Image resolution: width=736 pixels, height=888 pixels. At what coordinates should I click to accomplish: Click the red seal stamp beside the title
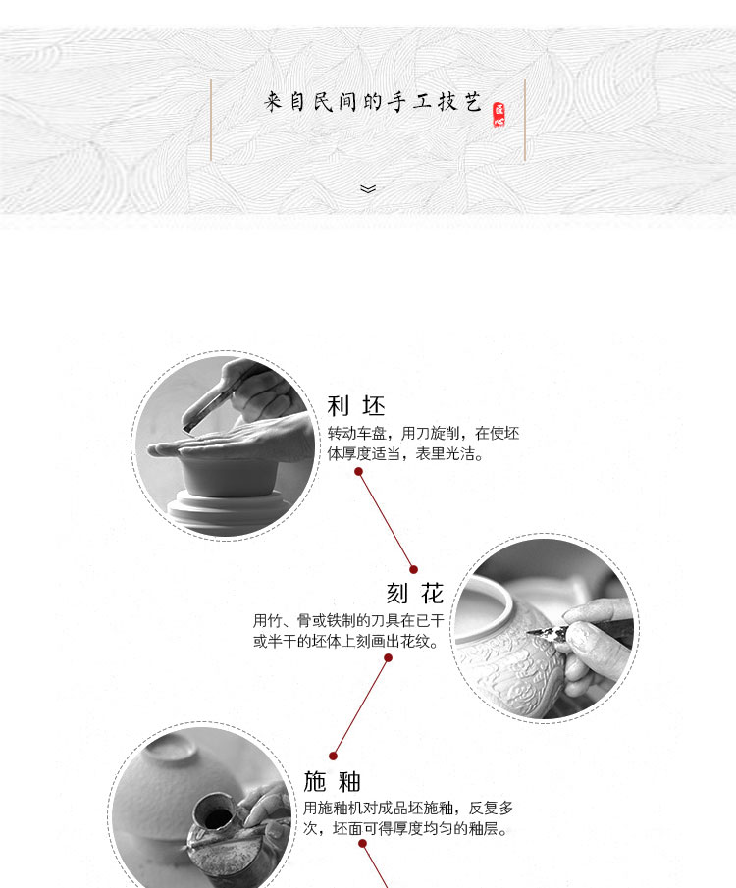[499, 115]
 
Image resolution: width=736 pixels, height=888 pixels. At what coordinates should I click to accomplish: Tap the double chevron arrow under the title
[368, 189]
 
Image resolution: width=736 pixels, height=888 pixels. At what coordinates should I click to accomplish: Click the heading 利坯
[356, 406]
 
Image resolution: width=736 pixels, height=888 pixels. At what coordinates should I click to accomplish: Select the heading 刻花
[415, 594]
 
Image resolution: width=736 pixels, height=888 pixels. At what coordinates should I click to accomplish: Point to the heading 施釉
[332, 781]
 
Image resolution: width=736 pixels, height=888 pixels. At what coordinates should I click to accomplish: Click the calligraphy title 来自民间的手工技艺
[373, 102]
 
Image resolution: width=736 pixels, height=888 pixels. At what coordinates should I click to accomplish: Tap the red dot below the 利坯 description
[358, 472]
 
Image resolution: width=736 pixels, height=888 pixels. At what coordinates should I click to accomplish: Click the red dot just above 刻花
[413, 570]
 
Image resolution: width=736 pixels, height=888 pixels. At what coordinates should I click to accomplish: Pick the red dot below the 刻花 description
[388, 658]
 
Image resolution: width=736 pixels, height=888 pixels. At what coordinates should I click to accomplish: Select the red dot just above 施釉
[333, 757]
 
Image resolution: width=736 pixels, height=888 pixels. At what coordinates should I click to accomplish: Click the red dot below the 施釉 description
[363, 844]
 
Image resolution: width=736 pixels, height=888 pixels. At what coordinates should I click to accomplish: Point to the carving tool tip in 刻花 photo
[529, 632]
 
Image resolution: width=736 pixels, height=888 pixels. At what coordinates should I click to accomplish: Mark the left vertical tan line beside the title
[211, 120]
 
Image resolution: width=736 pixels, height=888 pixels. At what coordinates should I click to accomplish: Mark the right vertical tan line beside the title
[525, 120]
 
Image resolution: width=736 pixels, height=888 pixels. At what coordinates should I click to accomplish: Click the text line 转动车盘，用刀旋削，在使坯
[423, 434]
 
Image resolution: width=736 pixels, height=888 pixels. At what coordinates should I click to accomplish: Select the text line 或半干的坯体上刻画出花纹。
[346, 642]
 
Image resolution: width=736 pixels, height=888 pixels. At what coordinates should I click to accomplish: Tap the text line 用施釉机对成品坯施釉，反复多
[408, 808]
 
